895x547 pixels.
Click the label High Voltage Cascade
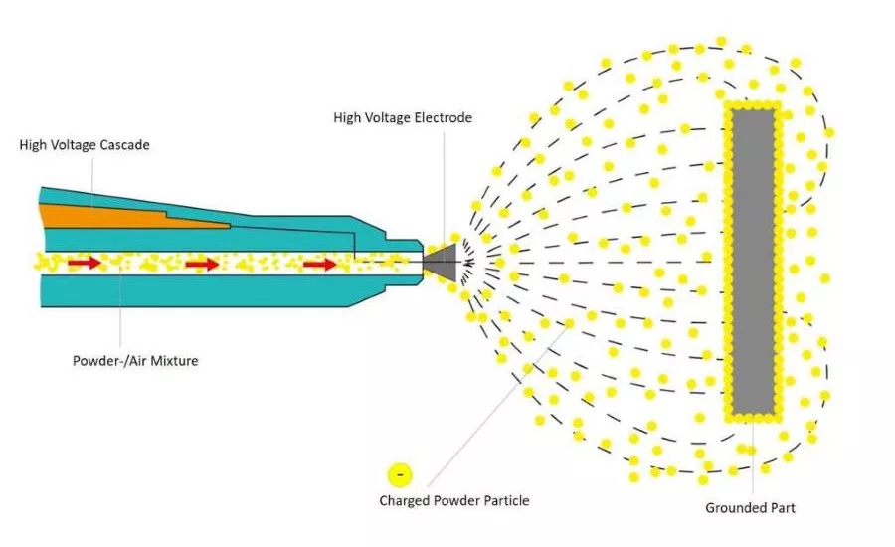(x=85, y=145)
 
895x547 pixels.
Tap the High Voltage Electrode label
(x=403, y=118)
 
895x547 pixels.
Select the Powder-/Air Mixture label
(x=135, y=360)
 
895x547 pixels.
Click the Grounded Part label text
(x=750, y=508)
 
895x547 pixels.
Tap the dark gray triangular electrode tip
(x=443, y=262)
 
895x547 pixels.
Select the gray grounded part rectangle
(x=753, y=261)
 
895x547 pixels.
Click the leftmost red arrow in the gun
(x=85, y=263)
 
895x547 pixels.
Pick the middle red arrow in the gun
(x=202, y=264)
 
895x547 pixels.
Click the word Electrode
(x=443, y=118)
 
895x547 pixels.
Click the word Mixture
(x=171, y=360)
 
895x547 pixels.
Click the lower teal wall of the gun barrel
(x=199, y=290)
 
